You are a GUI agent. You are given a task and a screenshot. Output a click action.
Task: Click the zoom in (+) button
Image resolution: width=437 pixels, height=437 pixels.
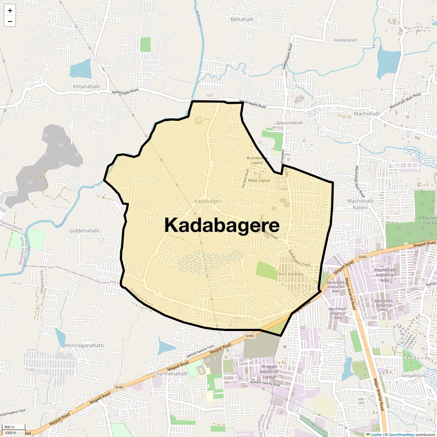[10, 11]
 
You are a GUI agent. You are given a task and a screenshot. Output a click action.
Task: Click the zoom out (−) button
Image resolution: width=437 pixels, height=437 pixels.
[10, 21]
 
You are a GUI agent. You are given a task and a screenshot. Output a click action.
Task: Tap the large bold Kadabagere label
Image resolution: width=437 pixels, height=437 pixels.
[222, 225]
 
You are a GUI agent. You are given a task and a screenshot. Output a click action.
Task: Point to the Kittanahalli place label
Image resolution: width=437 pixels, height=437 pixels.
[86, 87]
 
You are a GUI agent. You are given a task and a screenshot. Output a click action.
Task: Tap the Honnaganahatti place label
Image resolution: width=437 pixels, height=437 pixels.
[84, 345]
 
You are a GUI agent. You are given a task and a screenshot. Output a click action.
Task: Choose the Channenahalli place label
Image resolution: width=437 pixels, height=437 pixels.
[170, 374]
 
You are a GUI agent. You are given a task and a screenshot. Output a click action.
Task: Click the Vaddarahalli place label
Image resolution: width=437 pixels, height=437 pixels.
[346, 40]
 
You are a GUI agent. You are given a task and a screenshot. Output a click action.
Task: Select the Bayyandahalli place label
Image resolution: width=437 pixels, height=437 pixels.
[290, 123]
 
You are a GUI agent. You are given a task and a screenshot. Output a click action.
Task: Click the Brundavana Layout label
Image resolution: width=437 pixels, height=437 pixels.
[257, 160]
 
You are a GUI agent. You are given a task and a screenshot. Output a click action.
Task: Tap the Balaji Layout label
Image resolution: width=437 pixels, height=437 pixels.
[259, 180]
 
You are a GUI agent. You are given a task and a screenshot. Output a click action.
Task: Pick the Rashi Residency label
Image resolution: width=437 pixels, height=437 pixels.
[291, 274]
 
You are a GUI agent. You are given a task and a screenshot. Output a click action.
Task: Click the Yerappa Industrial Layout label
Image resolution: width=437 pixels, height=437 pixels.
[269, 371]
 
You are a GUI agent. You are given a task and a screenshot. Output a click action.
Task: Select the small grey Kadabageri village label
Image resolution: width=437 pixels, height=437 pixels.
[208, 201]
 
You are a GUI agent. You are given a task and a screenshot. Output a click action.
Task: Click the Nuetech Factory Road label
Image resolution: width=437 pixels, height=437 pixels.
[265, 384]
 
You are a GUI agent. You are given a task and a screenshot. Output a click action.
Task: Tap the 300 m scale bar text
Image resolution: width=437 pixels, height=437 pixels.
[9, 427]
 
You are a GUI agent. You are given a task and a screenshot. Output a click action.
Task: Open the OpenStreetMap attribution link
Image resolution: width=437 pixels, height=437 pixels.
[401, 434]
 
